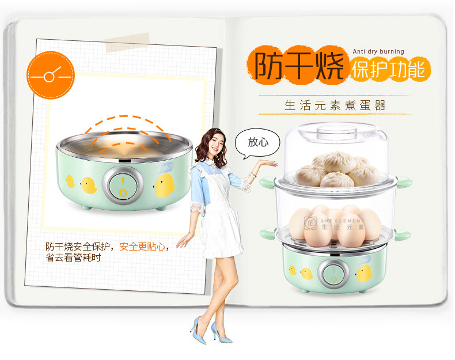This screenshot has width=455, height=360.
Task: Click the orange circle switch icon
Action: tap(51, 75)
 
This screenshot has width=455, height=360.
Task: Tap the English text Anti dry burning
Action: tap(378, 51)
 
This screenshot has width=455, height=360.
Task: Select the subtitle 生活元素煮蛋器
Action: tap(335, 105)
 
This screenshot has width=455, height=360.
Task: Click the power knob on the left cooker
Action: tap(123, 185)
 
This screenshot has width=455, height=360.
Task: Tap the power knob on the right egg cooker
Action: tap(333, 274)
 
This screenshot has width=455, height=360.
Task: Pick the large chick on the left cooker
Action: tap(164, 185)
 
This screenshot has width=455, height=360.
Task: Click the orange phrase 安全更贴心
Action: tap(142, 247)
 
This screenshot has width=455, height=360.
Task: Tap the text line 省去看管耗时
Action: tap(73, 257)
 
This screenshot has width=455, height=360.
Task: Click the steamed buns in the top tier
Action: tap(338, 169)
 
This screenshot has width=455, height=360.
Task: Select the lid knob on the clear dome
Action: tap(336, 132)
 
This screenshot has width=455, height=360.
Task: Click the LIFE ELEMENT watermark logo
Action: tap(334, 223)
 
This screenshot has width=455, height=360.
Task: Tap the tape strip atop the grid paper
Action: tap(128, 43)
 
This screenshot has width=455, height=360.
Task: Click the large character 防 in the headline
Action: tap(268, 65)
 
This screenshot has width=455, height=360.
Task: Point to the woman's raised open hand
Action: tap(267, 164)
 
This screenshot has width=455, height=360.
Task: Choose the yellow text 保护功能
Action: tap(389, 70)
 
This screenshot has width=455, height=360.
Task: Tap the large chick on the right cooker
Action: tap(364, 273)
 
